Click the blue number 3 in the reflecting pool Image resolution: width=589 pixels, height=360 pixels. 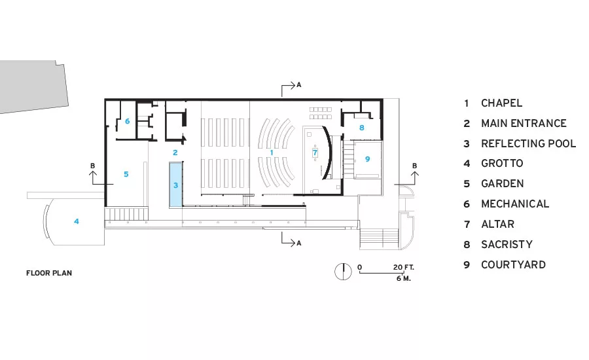[175, 185]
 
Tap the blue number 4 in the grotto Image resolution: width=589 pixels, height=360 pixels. [77, 221]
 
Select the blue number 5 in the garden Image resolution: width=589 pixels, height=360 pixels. [126, 174]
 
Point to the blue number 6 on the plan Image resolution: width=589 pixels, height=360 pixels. [128, 121]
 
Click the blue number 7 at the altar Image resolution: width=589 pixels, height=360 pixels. [315, 153]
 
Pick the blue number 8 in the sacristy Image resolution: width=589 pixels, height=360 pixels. [362, 128]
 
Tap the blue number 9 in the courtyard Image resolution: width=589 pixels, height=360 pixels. [367, 159]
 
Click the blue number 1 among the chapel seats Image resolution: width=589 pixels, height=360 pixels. [272, 153]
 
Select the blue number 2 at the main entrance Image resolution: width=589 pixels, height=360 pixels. [175, 153]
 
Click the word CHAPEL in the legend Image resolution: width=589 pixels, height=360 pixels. [501, 103]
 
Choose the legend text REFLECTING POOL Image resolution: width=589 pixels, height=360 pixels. [529, 143]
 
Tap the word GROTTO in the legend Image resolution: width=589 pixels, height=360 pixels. [502, 164]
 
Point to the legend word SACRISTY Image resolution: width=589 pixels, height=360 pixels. [507, 245]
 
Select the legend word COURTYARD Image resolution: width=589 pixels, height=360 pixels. [513, 265]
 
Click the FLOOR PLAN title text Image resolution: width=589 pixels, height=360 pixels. [49, 273]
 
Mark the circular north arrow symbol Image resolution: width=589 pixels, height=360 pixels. [343, 272]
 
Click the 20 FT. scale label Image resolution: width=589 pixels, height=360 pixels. [403, 267]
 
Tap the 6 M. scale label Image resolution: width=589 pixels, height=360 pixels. [403, 278]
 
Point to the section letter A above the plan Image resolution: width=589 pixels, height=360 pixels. [299, 85]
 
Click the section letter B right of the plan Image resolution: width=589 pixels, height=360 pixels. [414, 166]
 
